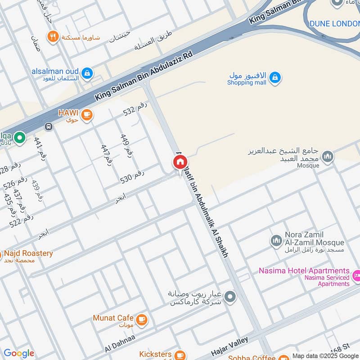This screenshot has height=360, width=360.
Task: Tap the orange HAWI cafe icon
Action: [87, 115]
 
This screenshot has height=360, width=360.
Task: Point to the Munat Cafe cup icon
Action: [142, 319]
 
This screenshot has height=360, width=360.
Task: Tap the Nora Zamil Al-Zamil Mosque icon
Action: [276, 241]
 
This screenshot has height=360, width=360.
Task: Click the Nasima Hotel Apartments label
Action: [304, 271]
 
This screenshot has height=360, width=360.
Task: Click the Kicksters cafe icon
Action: [180, 355]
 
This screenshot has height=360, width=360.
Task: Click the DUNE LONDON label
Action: [334, 23]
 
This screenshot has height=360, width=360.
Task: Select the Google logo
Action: [19, 353]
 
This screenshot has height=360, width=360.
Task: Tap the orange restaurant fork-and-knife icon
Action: [54, 37]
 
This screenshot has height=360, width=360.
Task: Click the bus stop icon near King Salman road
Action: [49, 126]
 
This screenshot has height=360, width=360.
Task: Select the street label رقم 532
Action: [135, 109]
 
